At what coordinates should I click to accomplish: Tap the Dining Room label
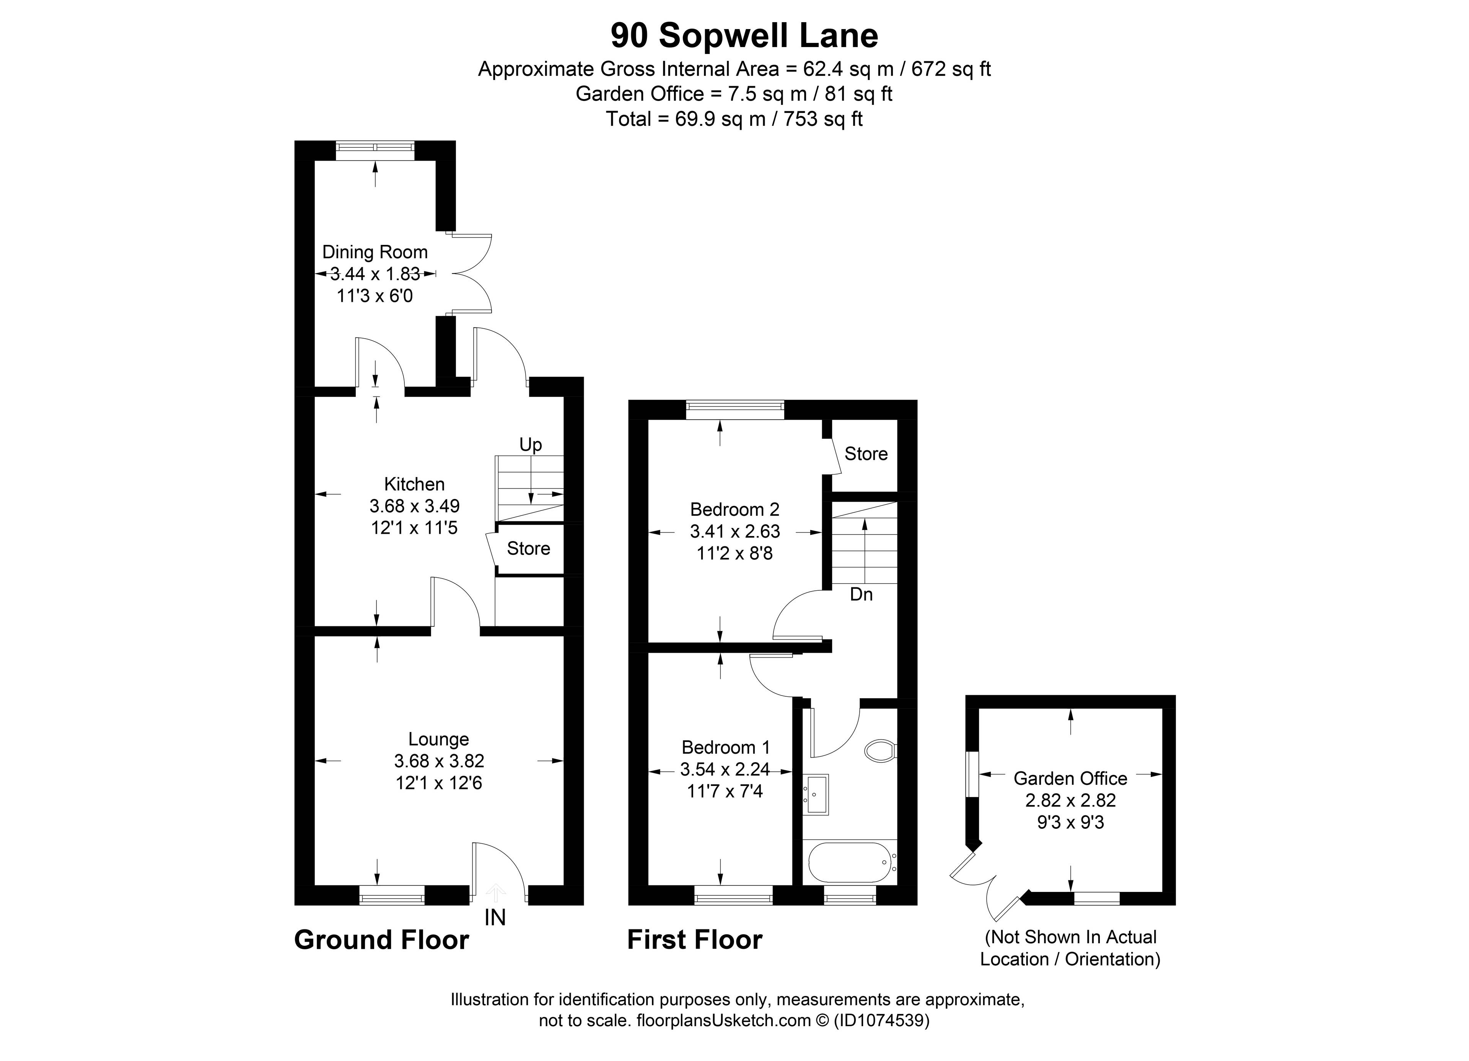tap(375, 252)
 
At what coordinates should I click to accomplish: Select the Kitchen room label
tap(415, 484)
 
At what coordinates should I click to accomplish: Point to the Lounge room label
tap(438, 739)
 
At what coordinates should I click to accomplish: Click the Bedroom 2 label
tap(734, 510)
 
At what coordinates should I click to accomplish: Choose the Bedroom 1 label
tap(726, 748)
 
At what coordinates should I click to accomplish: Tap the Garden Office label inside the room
tap(1070, 778)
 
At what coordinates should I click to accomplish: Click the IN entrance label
tap(495, 918)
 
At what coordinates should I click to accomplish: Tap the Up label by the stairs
tap(531, 445)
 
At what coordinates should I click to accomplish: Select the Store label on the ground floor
tap(529, 549)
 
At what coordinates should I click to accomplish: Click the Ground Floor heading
tap(381, 940)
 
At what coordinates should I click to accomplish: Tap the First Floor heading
tap(695, 940)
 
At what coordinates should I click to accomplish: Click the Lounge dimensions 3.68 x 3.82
tap(438, 761)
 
